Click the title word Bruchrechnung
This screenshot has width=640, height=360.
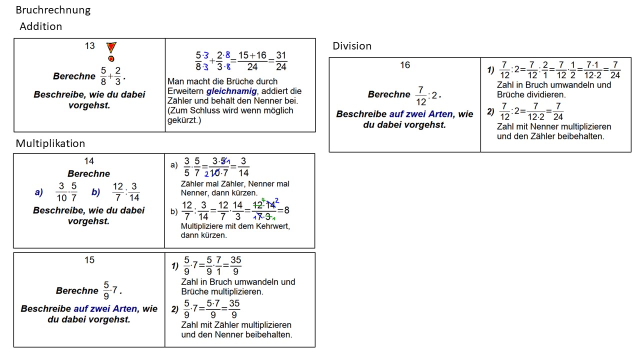53,10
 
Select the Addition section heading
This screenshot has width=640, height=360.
41,26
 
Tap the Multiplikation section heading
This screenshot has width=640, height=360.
50,143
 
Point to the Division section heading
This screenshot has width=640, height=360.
352,46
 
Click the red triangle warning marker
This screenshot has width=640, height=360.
111,47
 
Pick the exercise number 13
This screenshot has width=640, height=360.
89,46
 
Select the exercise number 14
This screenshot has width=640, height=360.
89,161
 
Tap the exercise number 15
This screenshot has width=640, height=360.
89,260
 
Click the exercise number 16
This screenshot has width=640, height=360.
405,65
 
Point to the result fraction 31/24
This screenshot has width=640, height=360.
281,61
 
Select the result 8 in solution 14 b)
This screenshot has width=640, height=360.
286,210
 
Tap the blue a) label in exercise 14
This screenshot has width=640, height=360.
39,192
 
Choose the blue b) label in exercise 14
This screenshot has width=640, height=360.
96,192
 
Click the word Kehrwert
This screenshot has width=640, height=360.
273,226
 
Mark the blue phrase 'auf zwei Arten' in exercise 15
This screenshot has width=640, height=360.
105,309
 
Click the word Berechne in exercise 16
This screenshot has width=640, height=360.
388,94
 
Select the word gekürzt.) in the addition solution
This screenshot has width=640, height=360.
184,120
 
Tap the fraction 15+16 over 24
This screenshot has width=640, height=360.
252,61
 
